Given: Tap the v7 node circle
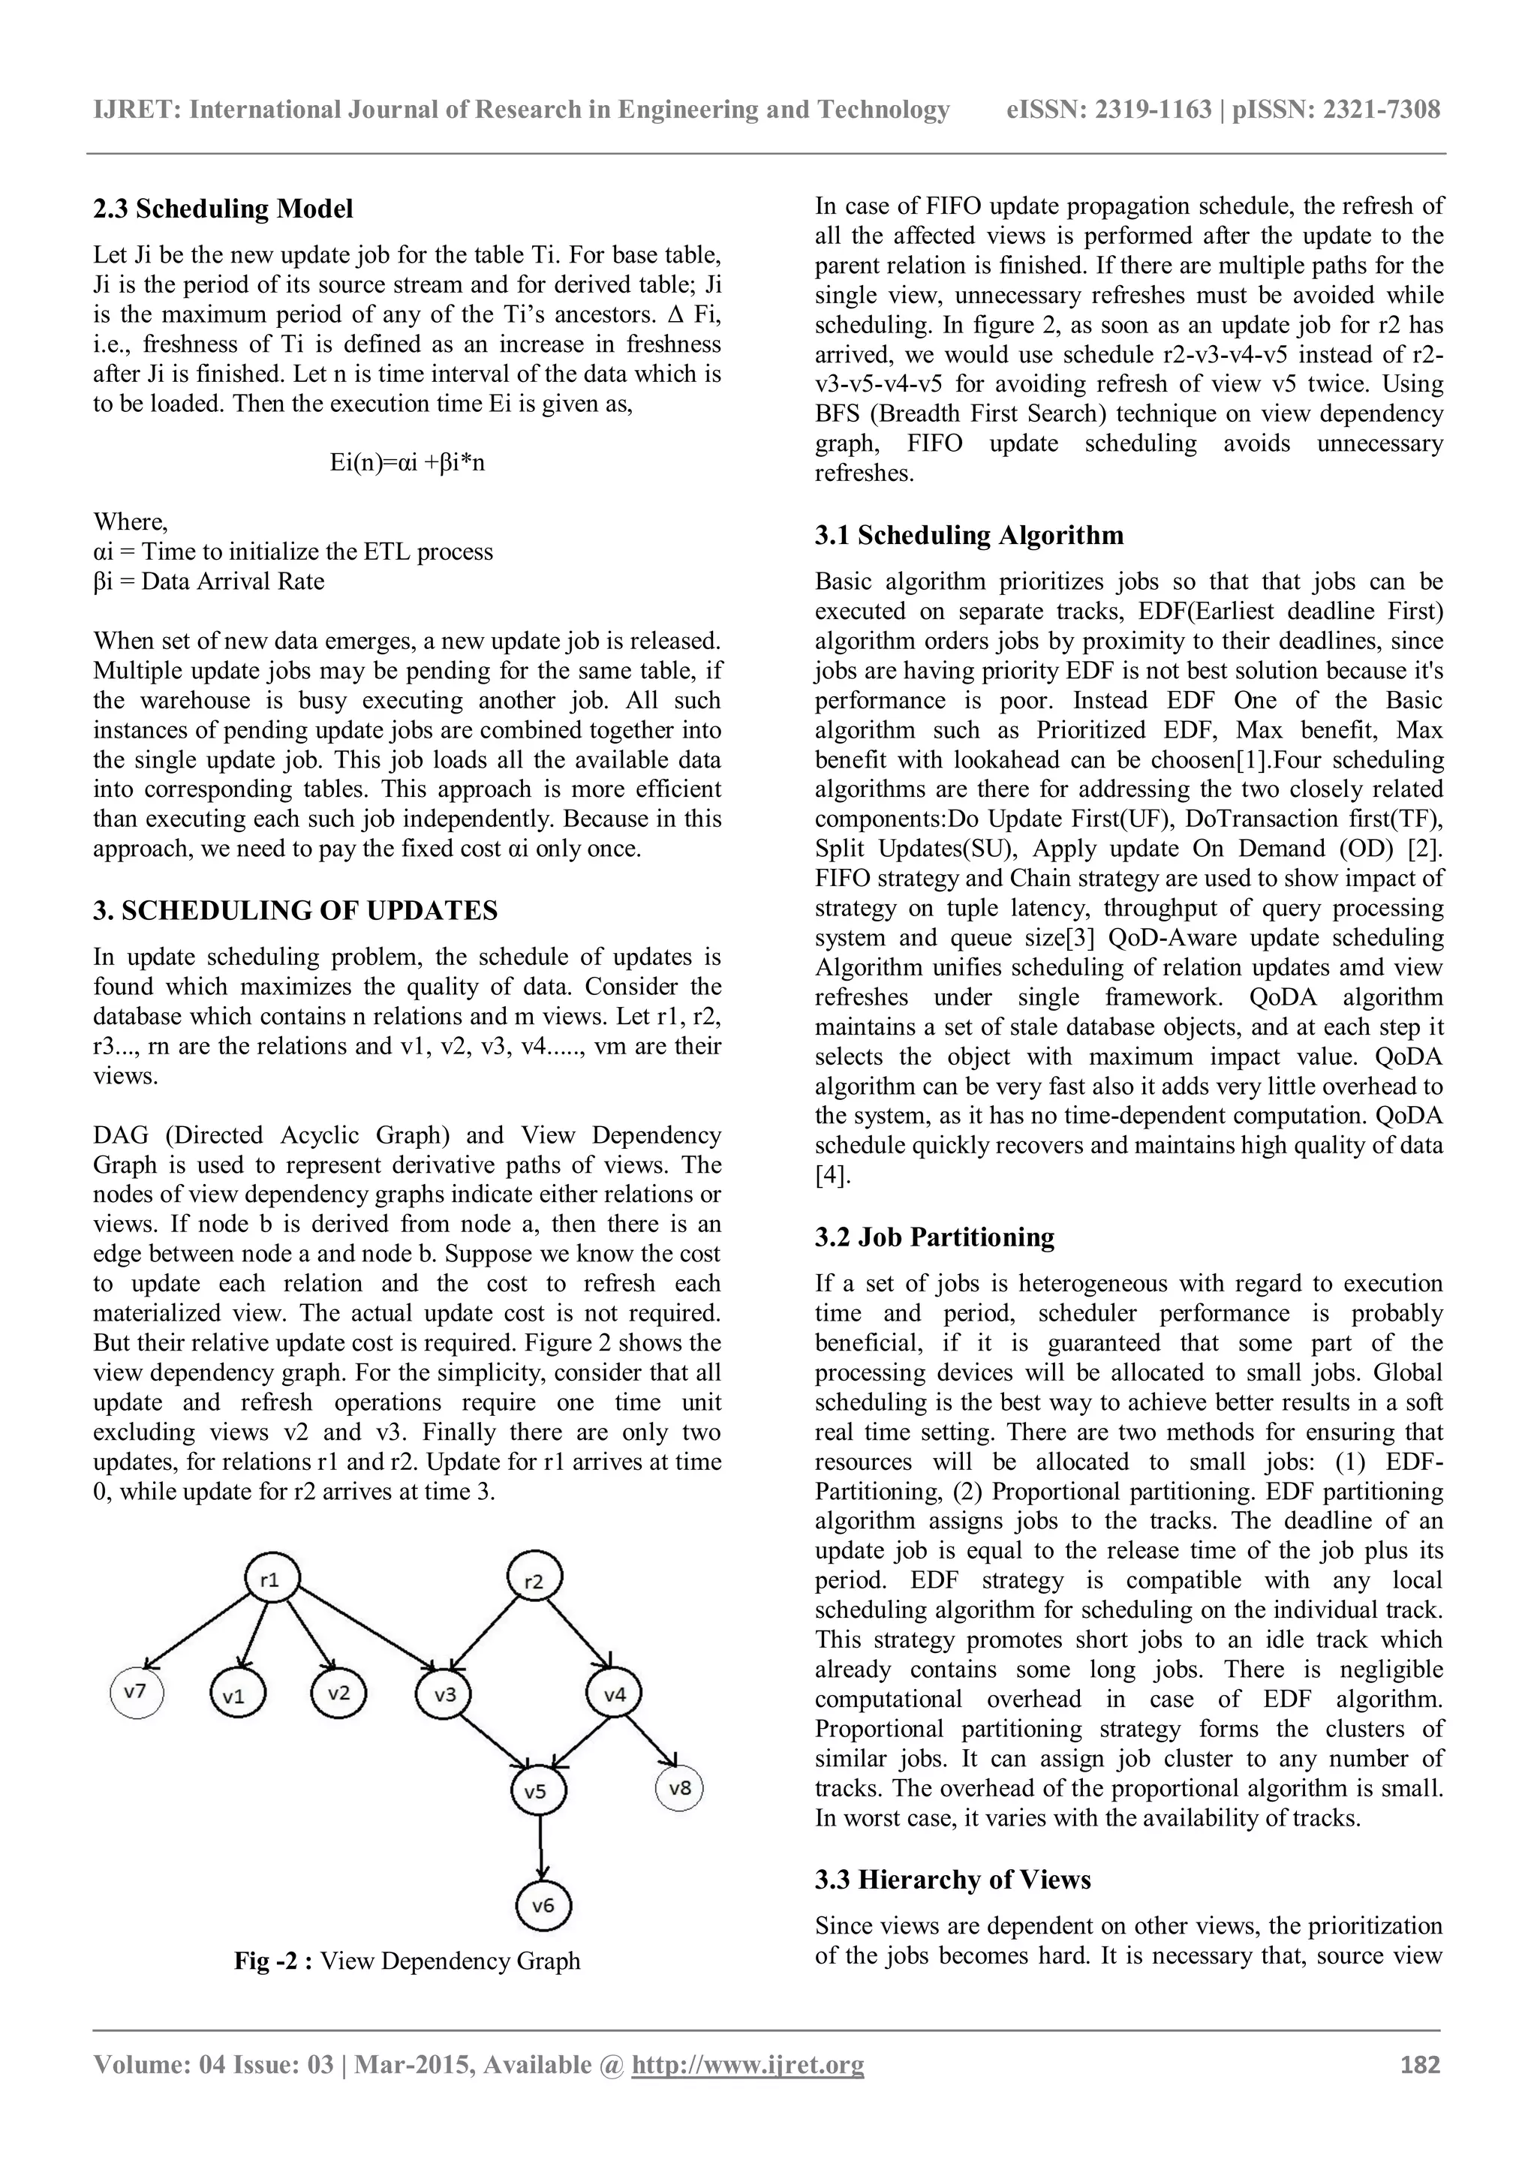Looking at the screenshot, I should coord(137,1691).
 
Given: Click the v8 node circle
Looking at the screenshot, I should coord(678,1788).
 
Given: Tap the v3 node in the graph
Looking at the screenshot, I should coord(445,1695).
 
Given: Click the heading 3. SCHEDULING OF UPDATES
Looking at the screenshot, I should coord(295,910).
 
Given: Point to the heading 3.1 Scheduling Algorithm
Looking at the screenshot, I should coord(969,536).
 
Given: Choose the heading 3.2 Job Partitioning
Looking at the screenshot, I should coord(934,1237).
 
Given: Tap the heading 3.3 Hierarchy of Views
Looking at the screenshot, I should coord(952,1880).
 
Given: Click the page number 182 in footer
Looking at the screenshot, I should coord(1420,2064).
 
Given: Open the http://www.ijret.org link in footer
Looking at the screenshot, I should coord(747,2065).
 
